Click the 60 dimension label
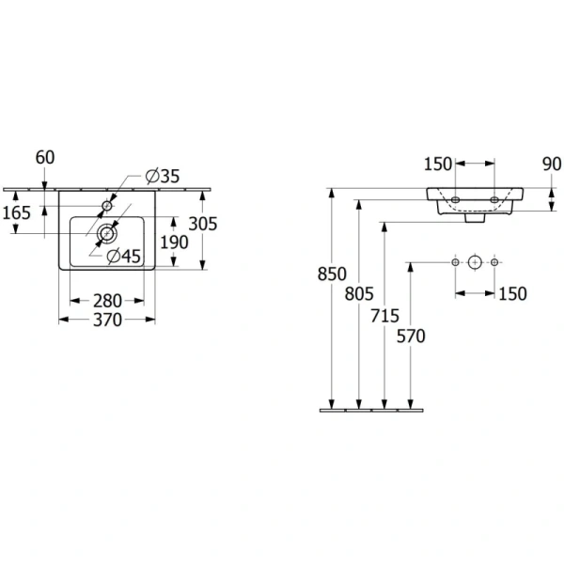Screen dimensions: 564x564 click(x=45, y=157)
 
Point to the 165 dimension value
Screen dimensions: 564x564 click(x=17, y=213)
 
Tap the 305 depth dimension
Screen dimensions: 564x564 click(x=203, y=224)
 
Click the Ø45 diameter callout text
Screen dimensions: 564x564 click(x=123, y=256)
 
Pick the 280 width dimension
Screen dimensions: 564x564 click(x=106, y=300)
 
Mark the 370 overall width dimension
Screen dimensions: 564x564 click(x=106, y=320)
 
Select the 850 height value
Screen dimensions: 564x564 click(x=334, y=275)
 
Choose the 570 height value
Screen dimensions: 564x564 click(x=411, y=336)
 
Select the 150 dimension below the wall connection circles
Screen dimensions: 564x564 click(x=512, y=294)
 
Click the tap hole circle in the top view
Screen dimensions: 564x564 click(x=107, y=204)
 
